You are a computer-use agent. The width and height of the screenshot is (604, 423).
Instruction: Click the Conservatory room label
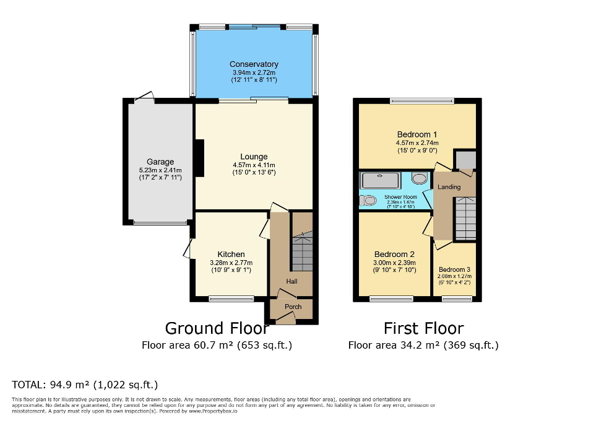coord(254,64)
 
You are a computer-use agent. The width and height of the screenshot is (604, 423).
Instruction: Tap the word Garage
coord(160,162)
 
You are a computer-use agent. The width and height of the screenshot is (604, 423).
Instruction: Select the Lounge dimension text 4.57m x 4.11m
coord(254,165)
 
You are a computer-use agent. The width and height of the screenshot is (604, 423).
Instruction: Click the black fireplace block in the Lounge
coord(199,159)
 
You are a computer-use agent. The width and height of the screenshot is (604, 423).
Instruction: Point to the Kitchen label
coord(231,255)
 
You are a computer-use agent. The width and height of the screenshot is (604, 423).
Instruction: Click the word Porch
coord(293,307)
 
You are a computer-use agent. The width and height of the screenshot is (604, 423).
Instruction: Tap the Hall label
coord(291,282)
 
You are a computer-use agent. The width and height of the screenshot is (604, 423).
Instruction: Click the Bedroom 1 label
coord(417,134)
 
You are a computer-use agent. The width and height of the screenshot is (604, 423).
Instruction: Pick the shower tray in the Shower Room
coord(381,180)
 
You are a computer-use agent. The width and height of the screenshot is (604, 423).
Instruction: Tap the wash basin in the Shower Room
coord(420,179)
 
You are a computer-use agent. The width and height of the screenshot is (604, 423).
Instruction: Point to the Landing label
coord(449,187)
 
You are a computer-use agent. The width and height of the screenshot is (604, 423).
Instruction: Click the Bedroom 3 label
coord(455,269)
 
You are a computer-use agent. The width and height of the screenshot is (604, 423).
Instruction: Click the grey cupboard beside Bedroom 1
coord(465,160)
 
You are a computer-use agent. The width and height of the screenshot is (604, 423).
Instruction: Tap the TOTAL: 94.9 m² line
coord(85,385)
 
